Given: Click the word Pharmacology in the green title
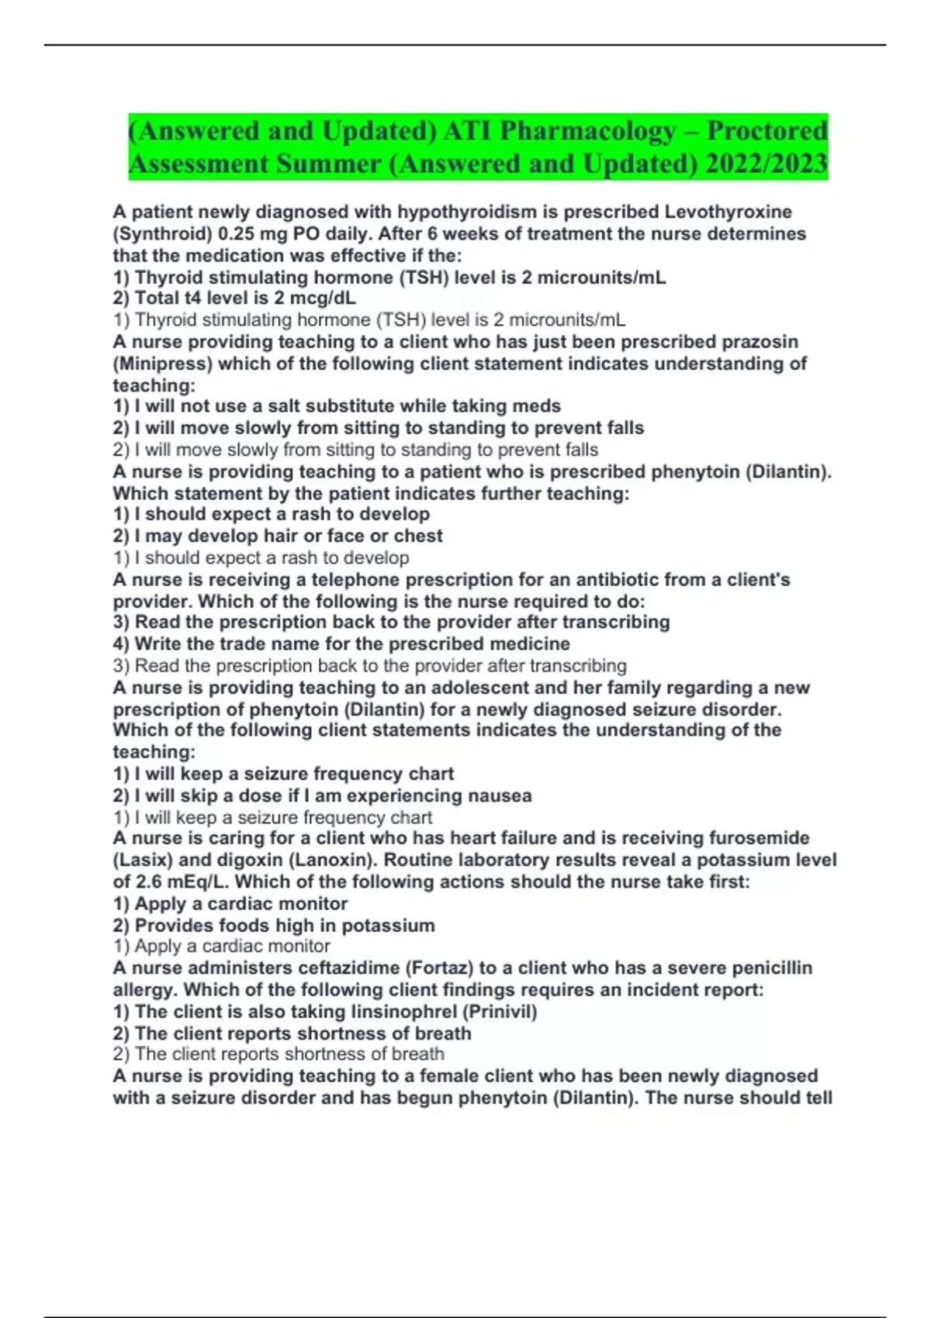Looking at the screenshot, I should pos(587,130).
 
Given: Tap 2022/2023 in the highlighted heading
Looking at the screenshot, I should pos(766,164).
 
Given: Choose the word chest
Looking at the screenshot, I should pos(419,536).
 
